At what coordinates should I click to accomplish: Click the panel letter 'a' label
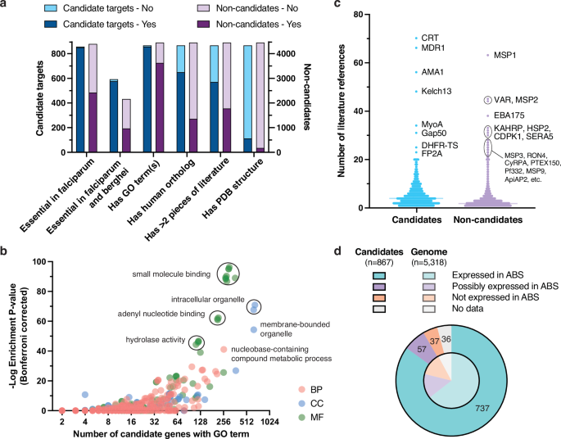(6, 6)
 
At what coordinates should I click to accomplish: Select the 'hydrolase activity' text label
(156, 338)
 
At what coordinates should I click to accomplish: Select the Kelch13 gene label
(438, 91)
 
